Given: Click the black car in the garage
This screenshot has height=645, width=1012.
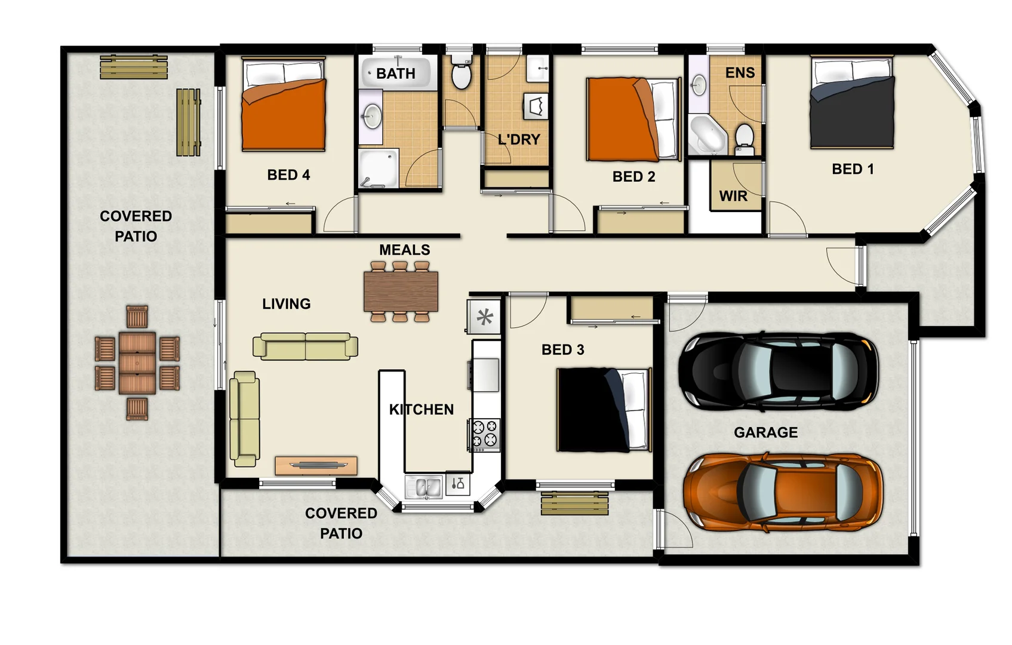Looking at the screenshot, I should (778, 371).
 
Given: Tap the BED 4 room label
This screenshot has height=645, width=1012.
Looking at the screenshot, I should (288, 175).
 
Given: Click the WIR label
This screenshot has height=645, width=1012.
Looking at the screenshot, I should (733, 196).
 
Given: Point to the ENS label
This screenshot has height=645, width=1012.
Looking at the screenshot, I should (740, 73).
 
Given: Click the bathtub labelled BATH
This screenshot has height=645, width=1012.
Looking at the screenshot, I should (395, 73).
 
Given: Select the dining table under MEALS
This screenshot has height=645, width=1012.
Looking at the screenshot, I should (401, 291).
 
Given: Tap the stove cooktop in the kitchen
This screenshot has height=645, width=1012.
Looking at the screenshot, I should (484, 435).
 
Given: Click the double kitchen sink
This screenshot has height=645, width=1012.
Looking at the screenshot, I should (423, 487).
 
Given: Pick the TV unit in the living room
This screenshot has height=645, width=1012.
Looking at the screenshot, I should (316, 465).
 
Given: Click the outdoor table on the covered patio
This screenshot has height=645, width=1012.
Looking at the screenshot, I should (137, 363).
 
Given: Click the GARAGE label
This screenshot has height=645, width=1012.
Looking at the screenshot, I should (765, 432).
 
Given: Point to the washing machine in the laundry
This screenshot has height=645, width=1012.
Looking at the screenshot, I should (536, 106).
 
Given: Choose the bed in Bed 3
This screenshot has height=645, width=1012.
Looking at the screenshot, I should (603, 410).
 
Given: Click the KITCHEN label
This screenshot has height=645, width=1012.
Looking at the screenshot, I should (421, 410).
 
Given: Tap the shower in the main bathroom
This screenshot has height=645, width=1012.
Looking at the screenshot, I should (378, 168).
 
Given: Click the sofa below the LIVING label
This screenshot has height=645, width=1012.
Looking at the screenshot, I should (305, 346).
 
